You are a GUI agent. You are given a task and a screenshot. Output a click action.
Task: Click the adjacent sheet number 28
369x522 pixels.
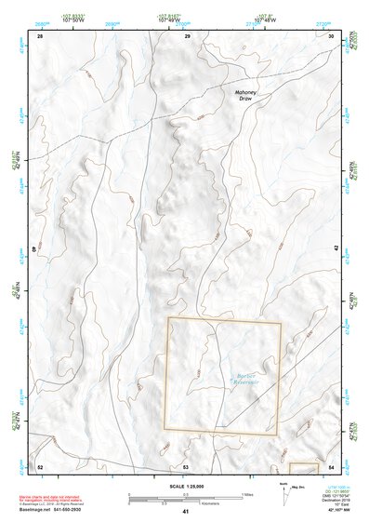tap(40, 35)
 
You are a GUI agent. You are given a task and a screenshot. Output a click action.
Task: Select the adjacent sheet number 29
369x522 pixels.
tap(186, 35)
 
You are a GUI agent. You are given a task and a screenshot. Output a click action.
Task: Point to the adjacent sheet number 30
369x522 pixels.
tap(332, 35)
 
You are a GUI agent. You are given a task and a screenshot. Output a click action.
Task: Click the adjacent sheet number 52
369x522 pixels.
tap(40, 465)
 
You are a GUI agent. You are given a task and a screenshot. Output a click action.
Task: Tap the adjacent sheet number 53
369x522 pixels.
tap(186, 465)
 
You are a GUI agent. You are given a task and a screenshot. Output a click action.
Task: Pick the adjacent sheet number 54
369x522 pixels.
tap(332, 465)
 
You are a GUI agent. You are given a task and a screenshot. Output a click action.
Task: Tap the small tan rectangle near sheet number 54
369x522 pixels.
tap(304, 466)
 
